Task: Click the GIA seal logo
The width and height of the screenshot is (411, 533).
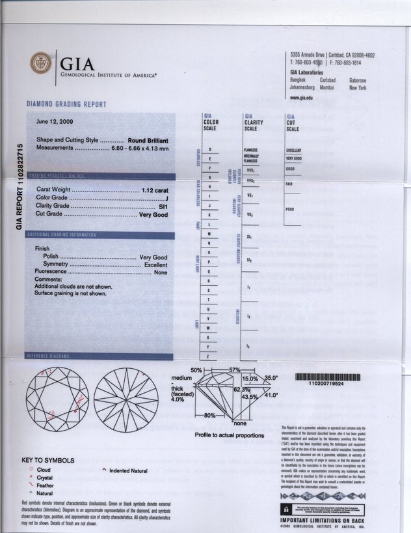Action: (40, 63)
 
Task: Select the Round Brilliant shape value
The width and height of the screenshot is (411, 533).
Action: (148, 140)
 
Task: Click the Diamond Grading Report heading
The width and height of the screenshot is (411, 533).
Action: (66, 104)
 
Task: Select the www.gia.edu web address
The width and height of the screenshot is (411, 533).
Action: (303, 98)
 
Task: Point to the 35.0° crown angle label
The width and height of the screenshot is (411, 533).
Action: (270, 377)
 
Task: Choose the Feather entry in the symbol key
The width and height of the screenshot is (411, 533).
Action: (45, 485)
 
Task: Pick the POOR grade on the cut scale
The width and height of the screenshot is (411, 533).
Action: (291, 209)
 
